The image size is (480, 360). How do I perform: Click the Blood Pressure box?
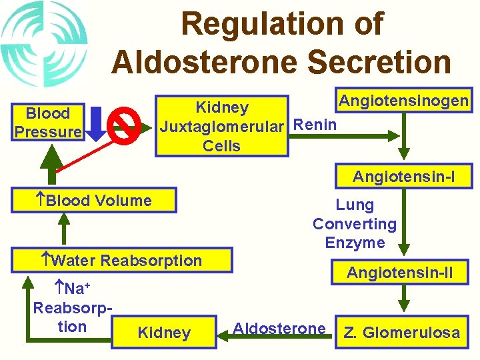47,123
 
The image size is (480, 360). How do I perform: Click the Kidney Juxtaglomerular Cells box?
222,126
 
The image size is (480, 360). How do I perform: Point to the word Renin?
315,124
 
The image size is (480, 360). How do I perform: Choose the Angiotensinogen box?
403,101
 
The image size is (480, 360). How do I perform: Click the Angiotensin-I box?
404,177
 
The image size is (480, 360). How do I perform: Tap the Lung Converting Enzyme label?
355,224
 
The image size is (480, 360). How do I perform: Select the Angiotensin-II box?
400,273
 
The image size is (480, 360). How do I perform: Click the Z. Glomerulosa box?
401,333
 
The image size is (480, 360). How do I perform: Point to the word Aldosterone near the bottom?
279,328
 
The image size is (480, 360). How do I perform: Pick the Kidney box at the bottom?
164,333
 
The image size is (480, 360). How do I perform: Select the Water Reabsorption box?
127,261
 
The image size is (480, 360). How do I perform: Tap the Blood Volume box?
99,201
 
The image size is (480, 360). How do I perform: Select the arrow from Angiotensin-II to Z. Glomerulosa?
405,297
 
